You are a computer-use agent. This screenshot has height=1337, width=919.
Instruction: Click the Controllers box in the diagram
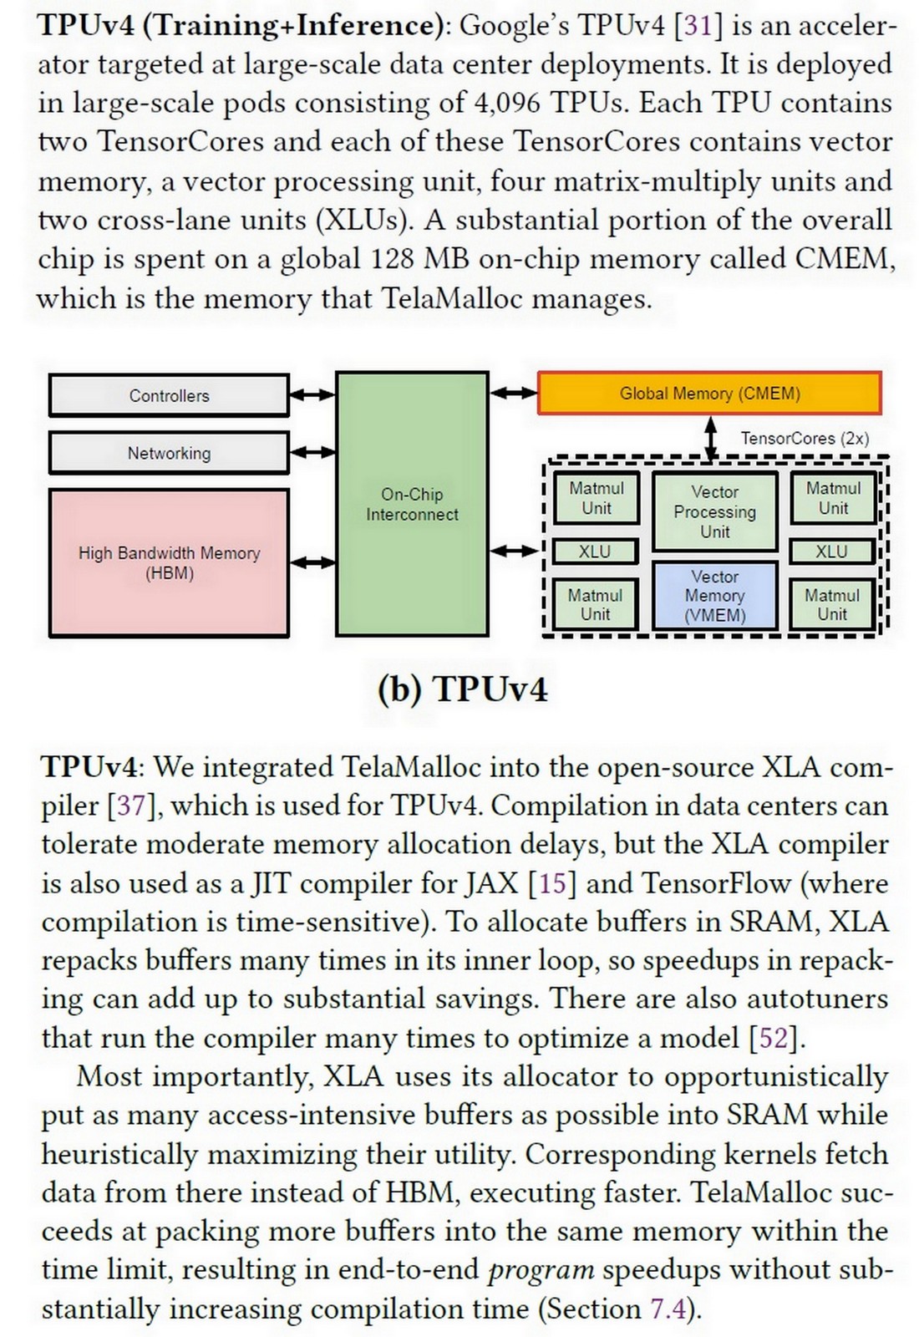click(x=169, y=396)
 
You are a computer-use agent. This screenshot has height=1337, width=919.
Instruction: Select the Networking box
click(x=169, y=453)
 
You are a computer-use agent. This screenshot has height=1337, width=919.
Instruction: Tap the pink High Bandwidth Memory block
click(x=169, y=562)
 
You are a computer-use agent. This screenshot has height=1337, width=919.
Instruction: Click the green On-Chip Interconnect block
click(x=412, y=505)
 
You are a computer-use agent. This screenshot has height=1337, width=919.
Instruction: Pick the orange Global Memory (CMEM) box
click(x=709, y=394)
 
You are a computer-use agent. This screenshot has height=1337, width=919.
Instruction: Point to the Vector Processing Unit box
click(x=714, y=511)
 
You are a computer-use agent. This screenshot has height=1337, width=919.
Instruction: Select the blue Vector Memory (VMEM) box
click(x=714, y=596)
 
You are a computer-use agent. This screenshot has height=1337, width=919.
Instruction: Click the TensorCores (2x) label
click(x=805, y=438)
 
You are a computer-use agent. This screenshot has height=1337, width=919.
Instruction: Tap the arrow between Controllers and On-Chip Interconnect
click(x=312, y=395)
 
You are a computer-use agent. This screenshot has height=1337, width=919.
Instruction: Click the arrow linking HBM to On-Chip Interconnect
click(x=312, y=562)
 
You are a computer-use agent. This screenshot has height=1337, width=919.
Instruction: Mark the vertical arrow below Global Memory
click(x=711, y=438)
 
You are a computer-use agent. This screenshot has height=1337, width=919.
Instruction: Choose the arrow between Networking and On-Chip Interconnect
click(x=312, y=452)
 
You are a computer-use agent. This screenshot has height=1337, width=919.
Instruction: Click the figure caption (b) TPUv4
click(x=462, y=689)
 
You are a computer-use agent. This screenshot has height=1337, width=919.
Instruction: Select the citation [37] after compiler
click(x=131, y=806)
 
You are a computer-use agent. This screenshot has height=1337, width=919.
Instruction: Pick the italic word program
click(x=541, y=1270)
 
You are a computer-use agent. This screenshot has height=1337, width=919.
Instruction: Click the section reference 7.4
click(x=668, y=1309)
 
